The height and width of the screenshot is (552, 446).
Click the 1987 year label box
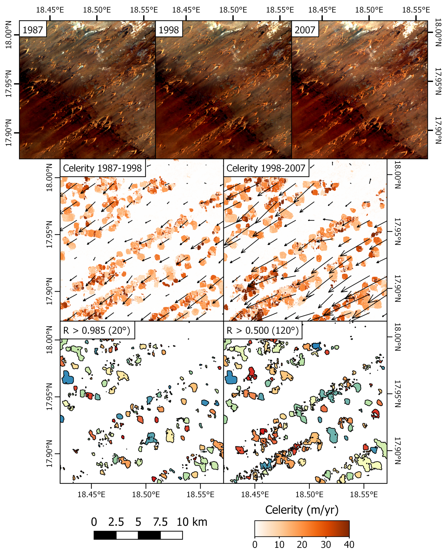[x=33, y=30]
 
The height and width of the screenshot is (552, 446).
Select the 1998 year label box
[x=169, y=30]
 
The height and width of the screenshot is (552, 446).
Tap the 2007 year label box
[x=305, y=30]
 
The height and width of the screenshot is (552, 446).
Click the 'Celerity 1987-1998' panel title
[x=102, y=168]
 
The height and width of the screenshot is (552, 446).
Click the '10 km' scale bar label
[x=192, y=522]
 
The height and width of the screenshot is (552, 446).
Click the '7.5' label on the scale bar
[x=160, y=522]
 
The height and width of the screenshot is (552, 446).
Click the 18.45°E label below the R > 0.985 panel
[x=92, y=494]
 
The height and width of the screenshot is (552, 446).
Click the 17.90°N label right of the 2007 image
[x=438, y=130]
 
